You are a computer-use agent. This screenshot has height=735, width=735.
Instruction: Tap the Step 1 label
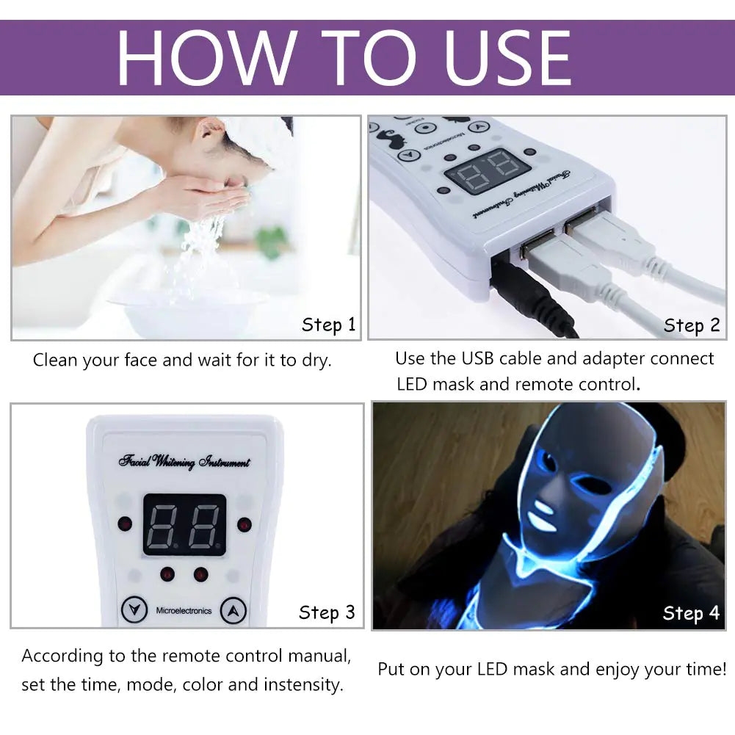(x=328, y=325)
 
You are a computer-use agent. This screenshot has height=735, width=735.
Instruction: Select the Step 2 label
(x=692, y=325)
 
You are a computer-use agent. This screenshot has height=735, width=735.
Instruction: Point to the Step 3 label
(x=327, y=612)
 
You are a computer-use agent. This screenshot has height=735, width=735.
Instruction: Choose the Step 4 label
(x=691, y=613)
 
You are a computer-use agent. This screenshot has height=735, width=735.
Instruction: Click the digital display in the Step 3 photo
(x=184, y=524)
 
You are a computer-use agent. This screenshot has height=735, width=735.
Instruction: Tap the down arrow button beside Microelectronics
(x=132, y=610)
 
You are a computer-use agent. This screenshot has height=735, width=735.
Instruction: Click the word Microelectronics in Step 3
(x=184, y=611)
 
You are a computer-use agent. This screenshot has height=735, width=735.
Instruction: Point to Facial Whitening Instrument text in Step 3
(x=184, y=462)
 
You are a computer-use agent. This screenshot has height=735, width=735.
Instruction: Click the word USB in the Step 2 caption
(x=478, y=358)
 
